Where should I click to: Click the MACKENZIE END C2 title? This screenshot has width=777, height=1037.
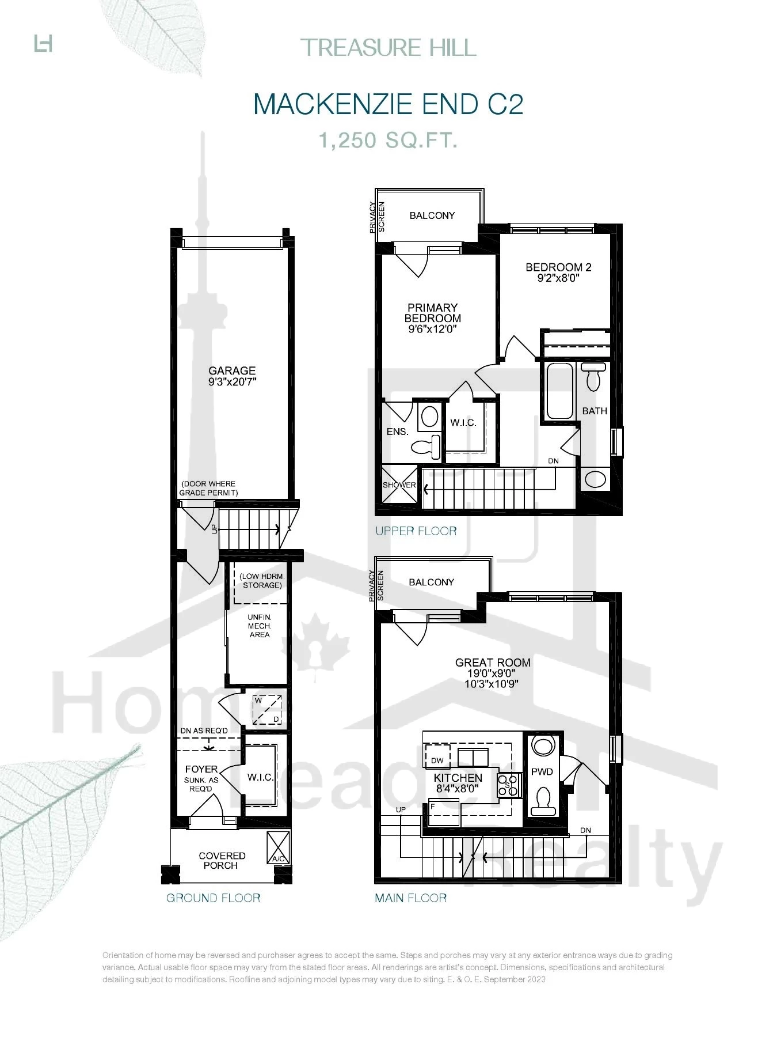coord(388,104)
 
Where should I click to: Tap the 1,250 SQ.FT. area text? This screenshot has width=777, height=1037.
coord(389,140)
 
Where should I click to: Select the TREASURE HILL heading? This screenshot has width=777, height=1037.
coord(389,47)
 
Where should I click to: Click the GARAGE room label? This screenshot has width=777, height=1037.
coord(232,370)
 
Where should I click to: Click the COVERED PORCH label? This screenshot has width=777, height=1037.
coord(222,860)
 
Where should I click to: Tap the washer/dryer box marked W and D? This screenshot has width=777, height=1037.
coord(267,710)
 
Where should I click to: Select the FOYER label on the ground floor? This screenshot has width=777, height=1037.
coord(201,769)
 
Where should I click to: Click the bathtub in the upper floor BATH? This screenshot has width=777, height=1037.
coord(559,391)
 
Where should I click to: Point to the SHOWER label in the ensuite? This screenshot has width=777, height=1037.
coord(399,485)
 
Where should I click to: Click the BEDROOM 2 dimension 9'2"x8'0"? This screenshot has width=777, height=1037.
coord(558,278)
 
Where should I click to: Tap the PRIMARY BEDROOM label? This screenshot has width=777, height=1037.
coord(432,313)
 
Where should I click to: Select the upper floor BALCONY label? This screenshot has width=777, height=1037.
coord(432,215)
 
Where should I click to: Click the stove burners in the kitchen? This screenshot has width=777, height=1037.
coord(508,785)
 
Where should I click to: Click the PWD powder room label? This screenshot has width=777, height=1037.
coord(542,771)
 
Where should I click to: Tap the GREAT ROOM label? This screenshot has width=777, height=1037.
coord(493,663)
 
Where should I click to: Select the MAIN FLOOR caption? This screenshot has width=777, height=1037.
coord(410,898)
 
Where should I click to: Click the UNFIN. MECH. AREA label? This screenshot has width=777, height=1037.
coord(260,626)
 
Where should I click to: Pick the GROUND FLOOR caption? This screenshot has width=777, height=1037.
coord(213,898)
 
